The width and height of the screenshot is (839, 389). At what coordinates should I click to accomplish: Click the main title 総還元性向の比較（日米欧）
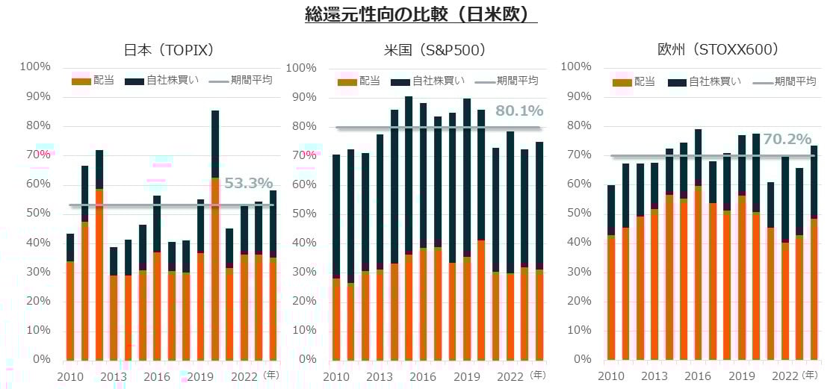[x=421, y=14]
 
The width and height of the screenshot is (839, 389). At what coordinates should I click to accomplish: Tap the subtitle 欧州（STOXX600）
[x=718, y=50]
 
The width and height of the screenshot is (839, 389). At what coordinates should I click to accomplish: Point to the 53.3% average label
[x=248, y=184]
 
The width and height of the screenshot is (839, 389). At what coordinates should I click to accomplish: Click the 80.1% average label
[x=518, y=111]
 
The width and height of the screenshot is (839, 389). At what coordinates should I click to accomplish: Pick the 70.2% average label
[x=787, y=140]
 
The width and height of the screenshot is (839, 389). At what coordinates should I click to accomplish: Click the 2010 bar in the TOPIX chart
[x=70, y=299]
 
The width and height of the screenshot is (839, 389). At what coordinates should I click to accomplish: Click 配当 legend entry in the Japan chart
[x=93, y=81]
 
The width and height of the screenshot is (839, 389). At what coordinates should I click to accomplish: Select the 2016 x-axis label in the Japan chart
[x=157, y=376]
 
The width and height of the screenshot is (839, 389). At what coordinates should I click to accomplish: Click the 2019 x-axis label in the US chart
[x=467, y=376]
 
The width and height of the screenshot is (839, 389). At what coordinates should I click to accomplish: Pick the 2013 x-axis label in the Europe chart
[x=655, y=376]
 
